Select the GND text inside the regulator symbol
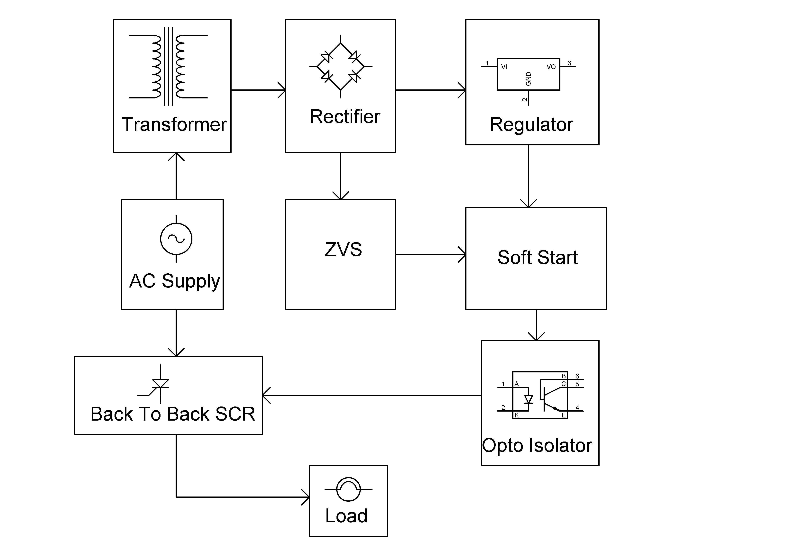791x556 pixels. tap(528, 79)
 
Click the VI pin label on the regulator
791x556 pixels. tap(504, 67)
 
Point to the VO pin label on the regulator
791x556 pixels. tap(551, 67)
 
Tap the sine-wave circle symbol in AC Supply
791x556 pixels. tap(176, 239)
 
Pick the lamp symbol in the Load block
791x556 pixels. tap(348, 489)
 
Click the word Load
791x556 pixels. tap(346, 516)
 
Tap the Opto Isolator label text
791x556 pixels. tap(537, 445)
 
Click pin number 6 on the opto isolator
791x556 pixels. tap(577, 376)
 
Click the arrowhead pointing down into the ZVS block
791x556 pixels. tap(340, 196)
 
